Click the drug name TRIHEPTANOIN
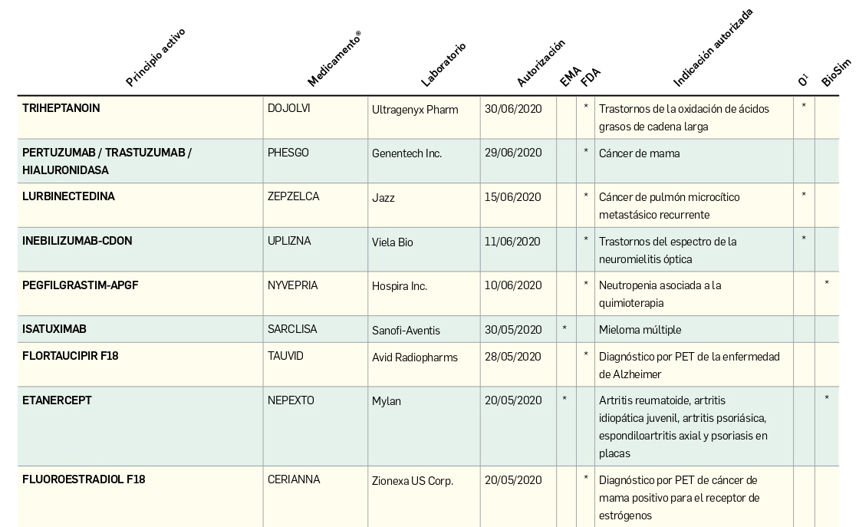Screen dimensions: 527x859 pyautogui.click(x=61, y=108)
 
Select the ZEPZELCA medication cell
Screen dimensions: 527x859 pyautogui.click(x=293, y=196)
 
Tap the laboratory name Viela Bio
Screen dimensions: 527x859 pyautogui.click(x=393, y=242)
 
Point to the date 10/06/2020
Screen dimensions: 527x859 pyautogui.click(x=513, y=285)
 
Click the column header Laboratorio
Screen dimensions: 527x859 pyautogui.click(x=444, y=64)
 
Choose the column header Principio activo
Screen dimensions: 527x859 pyautogui.click(x=156, y=58)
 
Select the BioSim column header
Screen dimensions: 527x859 pyautogui.click(x=835, y=72)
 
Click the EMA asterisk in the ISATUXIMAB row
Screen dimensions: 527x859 pyautogui.click(x=564, y=329)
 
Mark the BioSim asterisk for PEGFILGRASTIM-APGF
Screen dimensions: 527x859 pyautogui.click(x=827, y=284)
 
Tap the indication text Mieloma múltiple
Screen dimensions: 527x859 pyautogui.click(x=640, y=330)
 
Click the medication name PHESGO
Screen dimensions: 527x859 pyautogui.click(x=288, y=153)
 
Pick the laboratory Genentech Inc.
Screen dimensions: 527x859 pyautogui.click(x=406, y=153)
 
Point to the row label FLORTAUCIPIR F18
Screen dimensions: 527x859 pyautogui.click(x=71, y=356)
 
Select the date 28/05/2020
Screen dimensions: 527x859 pyautogui.click(x=513, y=357)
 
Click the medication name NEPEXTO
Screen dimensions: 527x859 pyautogui.click(x=291, y=400)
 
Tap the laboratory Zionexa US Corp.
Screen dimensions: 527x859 pyautogui.click(x=413, y=481)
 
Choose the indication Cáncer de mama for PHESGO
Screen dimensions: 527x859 pyautogui.click(x=639, y=153)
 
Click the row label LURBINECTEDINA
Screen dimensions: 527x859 pyautogui.click(x=68, y=196)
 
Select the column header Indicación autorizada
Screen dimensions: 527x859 pyautogui.click(x=713, y=48)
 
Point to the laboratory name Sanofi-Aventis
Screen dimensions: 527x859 pyautogui.click(x=406, y=330)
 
